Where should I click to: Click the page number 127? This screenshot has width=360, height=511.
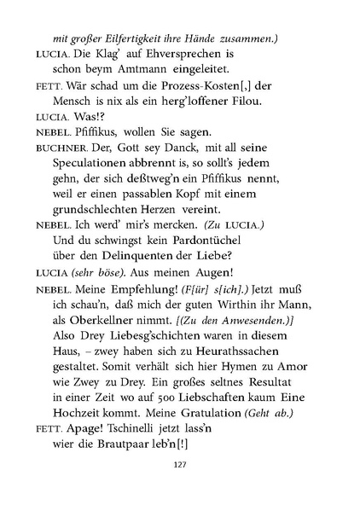click(179, 488)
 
